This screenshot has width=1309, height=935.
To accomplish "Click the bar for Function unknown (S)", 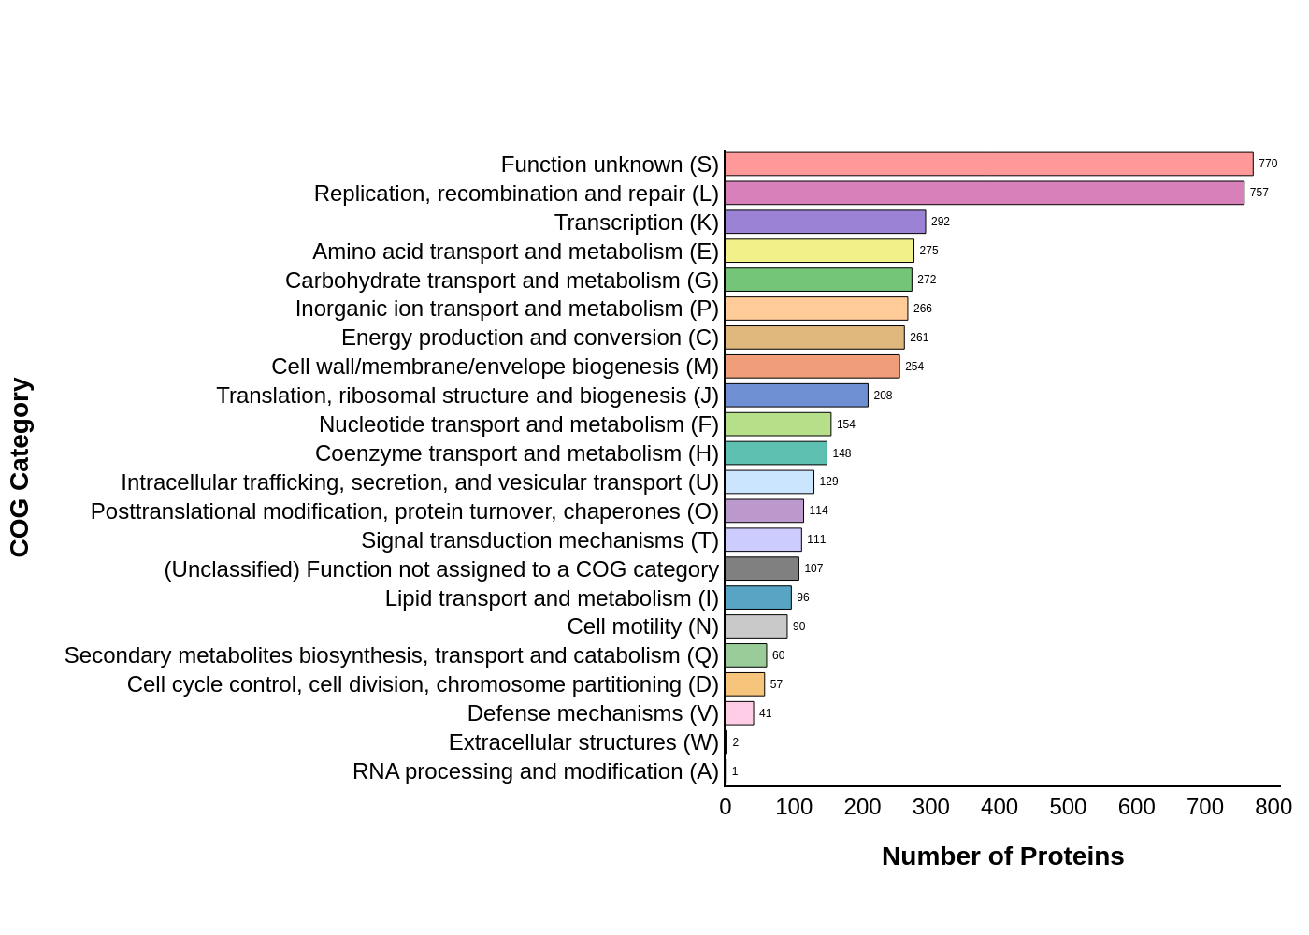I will pos(988,165).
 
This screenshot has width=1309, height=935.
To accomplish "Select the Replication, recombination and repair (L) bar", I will pos(984,194).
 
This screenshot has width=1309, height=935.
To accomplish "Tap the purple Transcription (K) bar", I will pos(825,223).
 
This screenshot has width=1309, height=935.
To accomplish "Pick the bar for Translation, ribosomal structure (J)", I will pos(796,396).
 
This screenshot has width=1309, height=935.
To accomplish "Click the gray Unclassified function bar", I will pos(761,568).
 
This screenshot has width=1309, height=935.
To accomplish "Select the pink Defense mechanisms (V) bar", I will pos(739,713).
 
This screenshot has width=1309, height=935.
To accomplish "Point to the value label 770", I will pos(1267,164).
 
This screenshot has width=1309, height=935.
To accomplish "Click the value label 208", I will pos(883,396).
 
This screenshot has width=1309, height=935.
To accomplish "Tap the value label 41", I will pos(765,713).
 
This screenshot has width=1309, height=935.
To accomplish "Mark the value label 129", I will pos(828,482).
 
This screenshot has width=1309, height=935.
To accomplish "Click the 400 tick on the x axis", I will pos(999,807).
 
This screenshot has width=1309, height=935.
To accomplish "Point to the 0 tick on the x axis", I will pos(725,807).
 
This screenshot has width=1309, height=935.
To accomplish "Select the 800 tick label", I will pos(1273,807).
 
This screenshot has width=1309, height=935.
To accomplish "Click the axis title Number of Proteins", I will pos(1002,856).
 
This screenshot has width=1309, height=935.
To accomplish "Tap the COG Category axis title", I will pos(20,467).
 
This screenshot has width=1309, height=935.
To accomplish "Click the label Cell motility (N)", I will pos(642,626).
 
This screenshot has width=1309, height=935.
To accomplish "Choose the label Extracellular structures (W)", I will pos(583,742).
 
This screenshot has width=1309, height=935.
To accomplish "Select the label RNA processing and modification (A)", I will pos(535,771).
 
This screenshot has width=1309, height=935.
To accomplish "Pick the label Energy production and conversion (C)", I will pos(529,338).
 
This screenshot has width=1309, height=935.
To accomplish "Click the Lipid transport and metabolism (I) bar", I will pos(757,597).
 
